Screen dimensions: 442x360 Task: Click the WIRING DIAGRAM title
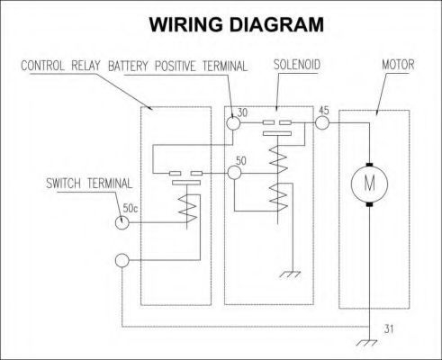pos(237,24)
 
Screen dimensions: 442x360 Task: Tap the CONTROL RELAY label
pos(60,66)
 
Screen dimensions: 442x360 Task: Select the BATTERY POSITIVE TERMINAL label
pos(177,66)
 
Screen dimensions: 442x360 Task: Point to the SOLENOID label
pos(297,65)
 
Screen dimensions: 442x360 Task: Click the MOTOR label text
pos(398,65)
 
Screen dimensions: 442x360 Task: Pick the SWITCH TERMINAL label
pos(89,184)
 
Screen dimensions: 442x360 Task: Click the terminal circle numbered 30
pos(233,123)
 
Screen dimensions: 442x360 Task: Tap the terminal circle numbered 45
pos(322,122)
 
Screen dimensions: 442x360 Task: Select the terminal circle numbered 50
pos(234,173)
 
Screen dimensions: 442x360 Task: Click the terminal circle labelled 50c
pos(122,222)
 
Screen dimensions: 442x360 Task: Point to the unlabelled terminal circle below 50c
pos(122,260)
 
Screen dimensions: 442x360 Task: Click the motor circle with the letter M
pos(369,184)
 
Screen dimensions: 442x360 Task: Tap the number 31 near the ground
pos(389,329)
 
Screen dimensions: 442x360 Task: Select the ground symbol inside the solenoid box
pos(291,274)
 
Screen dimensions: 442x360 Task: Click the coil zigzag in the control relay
pos(188,209)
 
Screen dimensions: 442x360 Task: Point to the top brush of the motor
pos(369,164)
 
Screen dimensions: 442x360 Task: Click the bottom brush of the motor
pos(369,204)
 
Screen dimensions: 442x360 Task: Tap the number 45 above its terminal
pos(324,111)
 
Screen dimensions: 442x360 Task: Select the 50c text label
pos(131,208)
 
